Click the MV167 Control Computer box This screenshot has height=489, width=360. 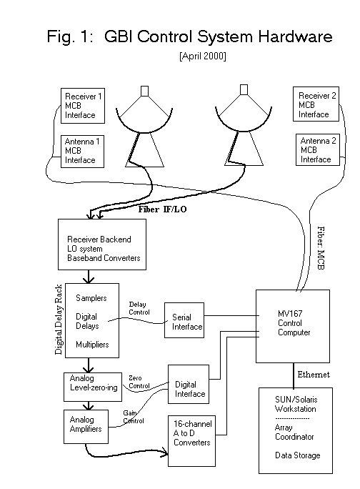point(293,327)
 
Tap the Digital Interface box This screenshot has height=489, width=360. point(190,388)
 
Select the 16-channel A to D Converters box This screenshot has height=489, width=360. point(191,434)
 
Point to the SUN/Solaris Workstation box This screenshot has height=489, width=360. point(296,429)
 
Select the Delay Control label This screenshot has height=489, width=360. point(139,307)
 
